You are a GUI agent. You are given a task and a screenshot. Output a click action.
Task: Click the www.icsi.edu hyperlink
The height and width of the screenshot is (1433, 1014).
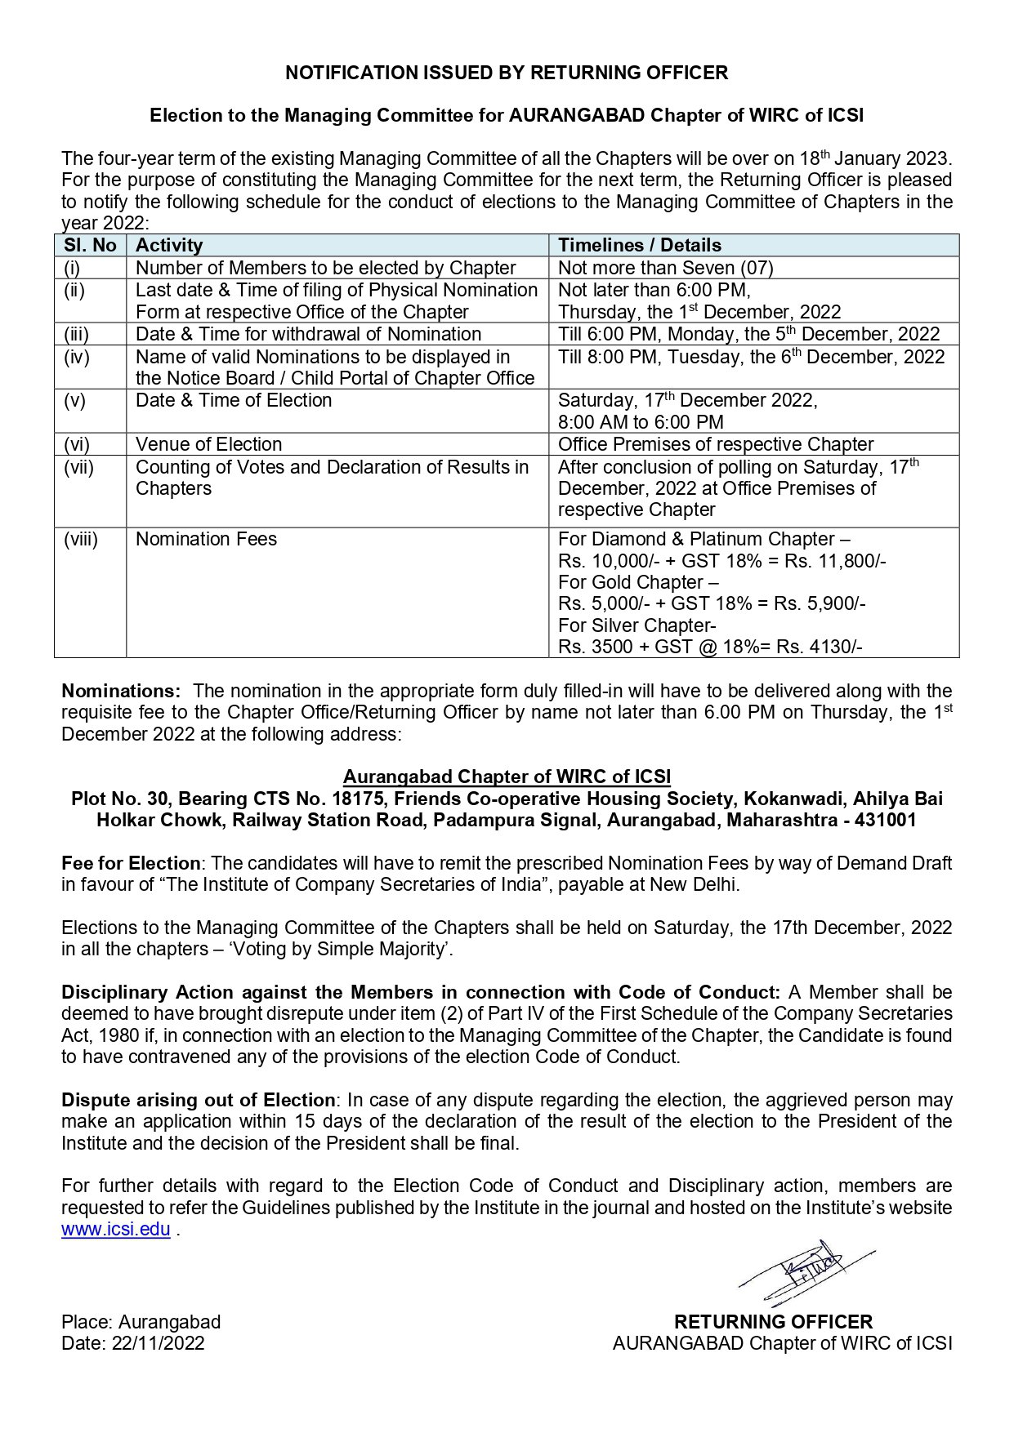click(x=115, y=1229)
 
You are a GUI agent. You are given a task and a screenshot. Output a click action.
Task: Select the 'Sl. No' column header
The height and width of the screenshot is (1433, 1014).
click(x=90, y=245)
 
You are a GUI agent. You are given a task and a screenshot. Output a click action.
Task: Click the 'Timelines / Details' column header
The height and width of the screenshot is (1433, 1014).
click(x=639, y=245)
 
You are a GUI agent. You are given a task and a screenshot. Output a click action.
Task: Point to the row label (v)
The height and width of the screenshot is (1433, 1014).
click(x=75, y=400)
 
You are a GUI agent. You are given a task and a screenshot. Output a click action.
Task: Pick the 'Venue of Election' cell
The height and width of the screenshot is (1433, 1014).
click(x=209, y=444)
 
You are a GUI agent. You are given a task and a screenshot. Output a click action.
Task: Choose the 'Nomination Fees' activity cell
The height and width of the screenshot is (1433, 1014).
click(x=206, y=539)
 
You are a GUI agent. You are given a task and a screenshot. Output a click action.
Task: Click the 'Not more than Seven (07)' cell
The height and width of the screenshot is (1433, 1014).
click(x=665, y=268)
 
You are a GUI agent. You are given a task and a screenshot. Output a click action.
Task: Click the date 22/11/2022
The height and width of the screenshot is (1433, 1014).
click(x=159, y=1343)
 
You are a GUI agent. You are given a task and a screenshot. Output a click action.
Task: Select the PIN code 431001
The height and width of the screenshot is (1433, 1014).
click(x=886, y=820)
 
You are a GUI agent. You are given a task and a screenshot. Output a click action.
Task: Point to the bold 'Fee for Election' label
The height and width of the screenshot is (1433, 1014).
click(x=131, y=863)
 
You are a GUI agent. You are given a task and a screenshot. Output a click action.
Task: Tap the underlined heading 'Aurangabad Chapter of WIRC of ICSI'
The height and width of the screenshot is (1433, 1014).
click(x=507, y=777)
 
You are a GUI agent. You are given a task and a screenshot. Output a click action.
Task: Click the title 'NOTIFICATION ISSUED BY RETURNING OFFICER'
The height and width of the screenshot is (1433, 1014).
click(x=507, y=73)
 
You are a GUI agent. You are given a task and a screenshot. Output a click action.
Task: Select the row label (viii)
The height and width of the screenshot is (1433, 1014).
click(x=81, y=539)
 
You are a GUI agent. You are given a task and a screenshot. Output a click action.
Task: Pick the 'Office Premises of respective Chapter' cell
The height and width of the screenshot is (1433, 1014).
click(x=716, y=444)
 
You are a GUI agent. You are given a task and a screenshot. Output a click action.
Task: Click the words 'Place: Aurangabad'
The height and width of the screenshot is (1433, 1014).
click(x=141, y=1322)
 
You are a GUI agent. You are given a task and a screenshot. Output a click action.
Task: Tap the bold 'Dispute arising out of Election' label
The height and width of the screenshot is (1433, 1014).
click(x=198, y=1100)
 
